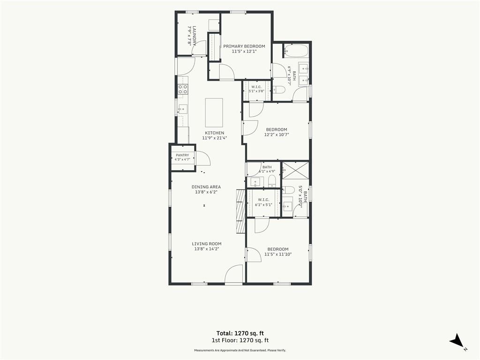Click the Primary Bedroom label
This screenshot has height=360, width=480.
(x=244, y=46)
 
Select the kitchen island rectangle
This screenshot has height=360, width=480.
(x=214, y=112)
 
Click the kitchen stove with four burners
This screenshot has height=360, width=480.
(x=183, y=89)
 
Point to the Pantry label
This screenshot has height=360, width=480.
(x=182, y=155)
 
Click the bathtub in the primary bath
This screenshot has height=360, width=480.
(x=296, y=51)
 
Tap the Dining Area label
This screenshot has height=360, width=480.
(x=206, y=187)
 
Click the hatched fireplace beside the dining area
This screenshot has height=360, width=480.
(x=241, y=211)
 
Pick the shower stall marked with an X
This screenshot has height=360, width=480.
(x=295, y=170)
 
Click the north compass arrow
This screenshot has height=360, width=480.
(x=457, y=341)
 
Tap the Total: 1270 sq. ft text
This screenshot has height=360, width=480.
(x=240, y=333)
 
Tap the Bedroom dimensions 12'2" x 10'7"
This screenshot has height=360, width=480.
(x=277, y=135)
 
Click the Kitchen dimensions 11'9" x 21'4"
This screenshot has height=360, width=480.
(x=214, y=138)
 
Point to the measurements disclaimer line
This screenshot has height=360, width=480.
(x=240, y=350)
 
